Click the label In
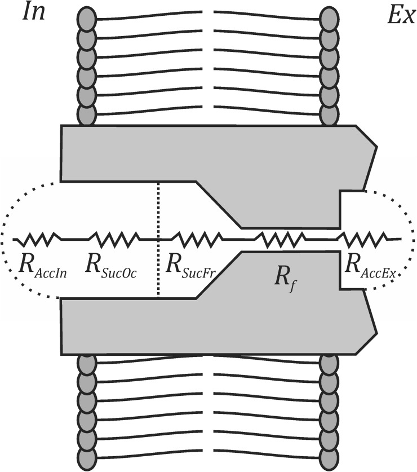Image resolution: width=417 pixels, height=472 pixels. pos(34,13)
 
